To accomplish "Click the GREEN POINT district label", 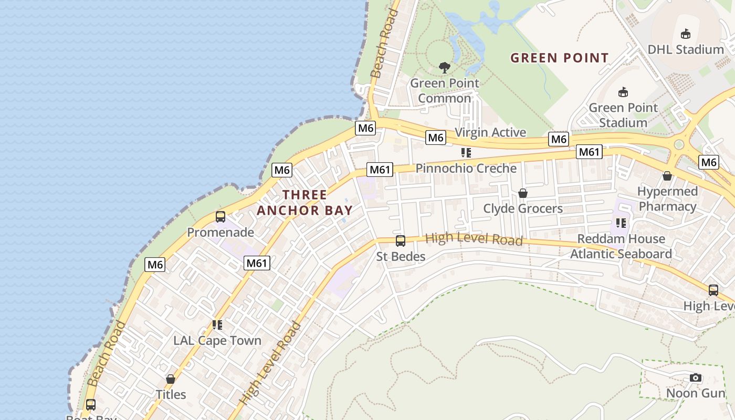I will pyautogui.click(x=560, y=58).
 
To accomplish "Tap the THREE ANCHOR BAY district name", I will pyautogui.click(x=304, y=203).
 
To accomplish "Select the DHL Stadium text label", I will pyautogui.click(x=686, y=49).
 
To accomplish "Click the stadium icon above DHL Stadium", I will pyautogui.click(x=685, y=34).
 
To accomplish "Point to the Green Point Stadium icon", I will pyautogui.click(x=623, y=92).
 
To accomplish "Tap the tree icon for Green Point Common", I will pyautogui.click(x=445, y=67).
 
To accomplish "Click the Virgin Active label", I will pyautogui.click(x=490, y=132).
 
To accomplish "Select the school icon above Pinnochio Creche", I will pyautogui.click(x=466, y=153).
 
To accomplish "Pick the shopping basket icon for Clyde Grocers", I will pyautogui.click(x=523, y=193).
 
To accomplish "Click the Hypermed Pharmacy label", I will pyautogui.click(x=668, y=198).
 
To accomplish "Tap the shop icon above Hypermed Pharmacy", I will pyautogui.click(x=667, y=176).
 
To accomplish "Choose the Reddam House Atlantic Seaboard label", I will pyautogui.click(x=621, y=246).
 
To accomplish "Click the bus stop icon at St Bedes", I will pyautogui.click(x=401, y=241).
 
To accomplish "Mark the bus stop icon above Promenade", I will pyautogui.click(x=220, y=217).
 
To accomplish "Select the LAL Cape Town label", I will pyautogui.click(x=217, y=340).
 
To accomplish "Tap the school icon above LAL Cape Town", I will pyautogui.click(x=217, y=325).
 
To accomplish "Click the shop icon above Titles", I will pyautogui.click(x=171, y=379).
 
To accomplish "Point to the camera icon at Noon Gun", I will pyautogui.click(x=696, y=377).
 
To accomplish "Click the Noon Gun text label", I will pyautogui.click(x=696, y=393).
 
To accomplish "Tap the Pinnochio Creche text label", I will pyautogui.click(x=466, y=169).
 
